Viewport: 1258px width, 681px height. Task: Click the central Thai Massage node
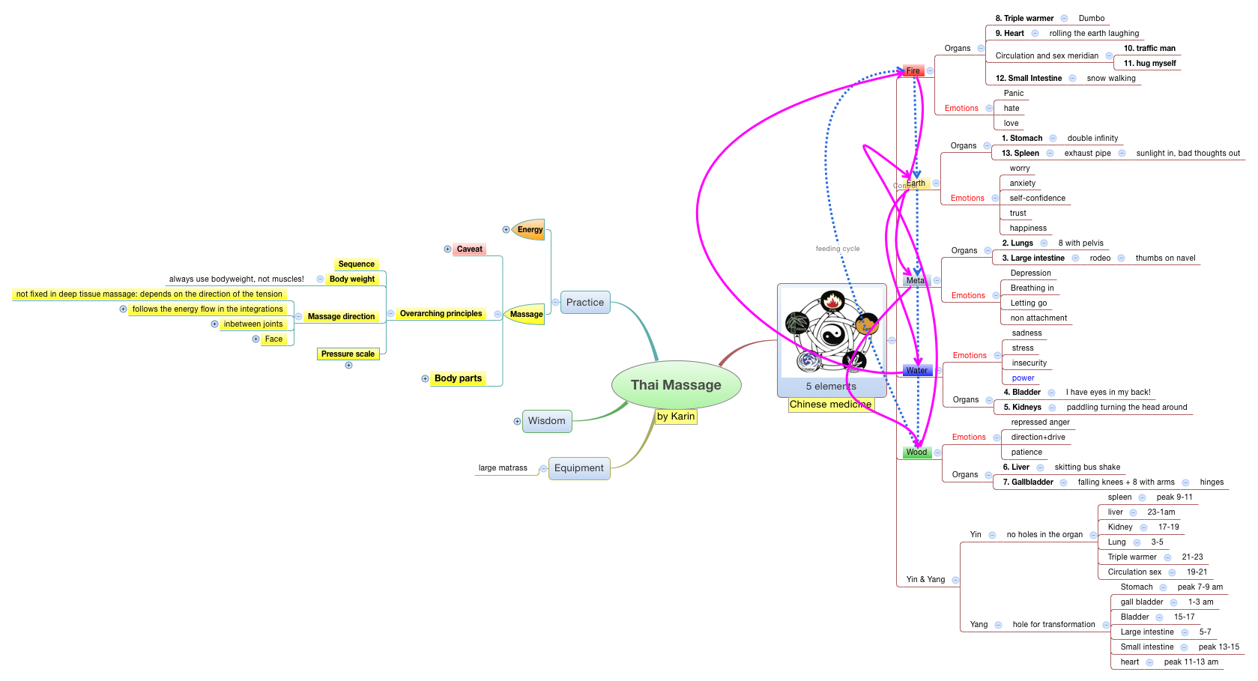click(x=676, y=385)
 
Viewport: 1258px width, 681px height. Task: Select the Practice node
click(x=585, y=303)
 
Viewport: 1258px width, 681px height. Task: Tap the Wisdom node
click(x=547, y=421)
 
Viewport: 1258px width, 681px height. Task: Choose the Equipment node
click(x=579, y=468)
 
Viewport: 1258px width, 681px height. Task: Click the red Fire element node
click(x=913, y=70)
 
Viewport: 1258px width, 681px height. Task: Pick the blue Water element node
click(x=917, y=371)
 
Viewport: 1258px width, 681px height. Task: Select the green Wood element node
click(x=917, y=453)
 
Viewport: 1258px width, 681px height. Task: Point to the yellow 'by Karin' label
click(x=676, y=417)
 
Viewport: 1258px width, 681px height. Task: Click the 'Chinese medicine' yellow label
click(x=830, y=405)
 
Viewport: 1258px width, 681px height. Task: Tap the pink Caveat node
click(x=470, y=249)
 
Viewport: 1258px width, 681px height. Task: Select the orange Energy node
click(x=530, y=230)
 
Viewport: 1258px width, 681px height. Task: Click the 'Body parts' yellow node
click(x=458, y=378)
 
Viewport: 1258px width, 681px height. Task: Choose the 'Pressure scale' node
click(x=348, y=354)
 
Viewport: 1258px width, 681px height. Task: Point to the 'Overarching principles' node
click(x=441, y=314)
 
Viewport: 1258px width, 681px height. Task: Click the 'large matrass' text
click(x=503, y=468)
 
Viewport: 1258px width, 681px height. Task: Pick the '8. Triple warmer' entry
click(x=1024, y=19)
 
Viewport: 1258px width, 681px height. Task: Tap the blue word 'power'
click(x=1023, y=378)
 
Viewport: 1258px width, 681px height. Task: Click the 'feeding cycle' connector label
click(x=838, y=249)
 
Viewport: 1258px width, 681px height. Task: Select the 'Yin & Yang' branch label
click(x=925, y=579)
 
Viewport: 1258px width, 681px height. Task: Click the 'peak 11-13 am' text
click(x=1191, y=662)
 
